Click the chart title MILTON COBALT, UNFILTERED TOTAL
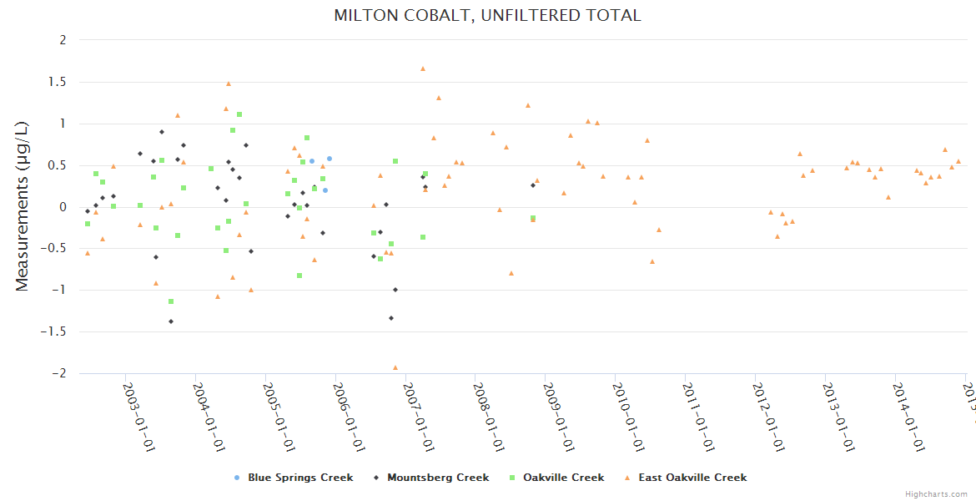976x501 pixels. click(x=487, y=15)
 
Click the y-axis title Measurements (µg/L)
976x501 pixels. click(x=23, y=206)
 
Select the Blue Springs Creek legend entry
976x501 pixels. click(x=299, y=478)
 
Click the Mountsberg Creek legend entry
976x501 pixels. click(x=437, y=478)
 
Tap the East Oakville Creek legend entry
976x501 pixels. click(x=692, y=478)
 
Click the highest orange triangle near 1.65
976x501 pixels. click(x=423, y=68)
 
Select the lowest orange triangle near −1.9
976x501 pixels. click(x=395, y=367)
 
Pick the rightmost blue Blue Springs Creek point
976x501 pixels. click(x=330, y=159)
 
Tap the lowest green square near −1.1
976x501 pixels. click(x=171, y=301)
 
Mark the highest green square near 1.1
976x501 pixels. click(x=239, y=114)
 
